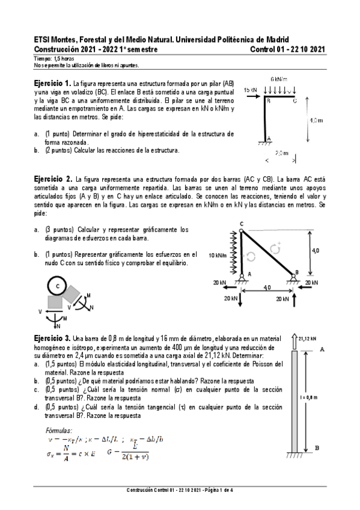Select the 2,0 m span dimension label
[281, 153]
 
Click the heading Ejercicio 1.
[52, 82]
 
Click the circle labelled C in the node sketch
[57, 287]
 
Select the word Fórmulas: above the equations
[59, 431]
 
